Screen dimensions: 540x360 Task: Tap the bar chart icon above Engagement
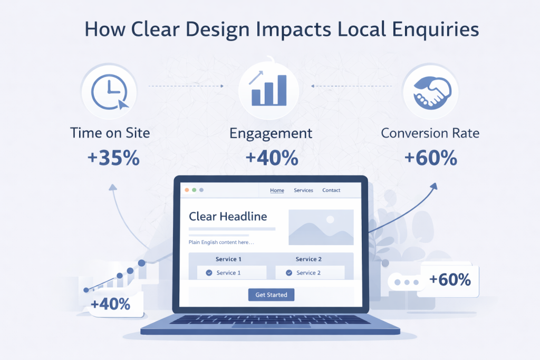(268, 88)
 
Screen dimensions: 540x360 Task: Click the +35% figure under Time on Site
(114, 158)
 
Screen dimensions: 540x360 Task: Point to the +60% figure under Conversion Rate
(431, 158)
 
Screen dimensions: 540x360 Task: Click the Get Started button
(272, 295)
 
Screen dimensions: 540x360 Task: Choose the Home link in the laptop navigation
(277, 190)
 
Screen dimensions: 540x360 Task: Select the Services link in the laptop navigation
(303, 190)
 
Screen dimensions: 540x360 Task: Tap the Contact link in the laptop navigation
(331, 190)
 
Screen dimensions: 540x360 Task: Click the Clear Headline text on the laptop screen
(228, 217)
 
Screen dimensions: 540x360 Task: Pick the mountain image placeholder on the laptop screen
(321, 227)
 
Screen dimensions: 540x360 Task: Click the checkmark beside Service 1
(209, 273)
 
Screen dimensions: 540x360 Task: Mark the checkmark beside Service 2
(289, 273)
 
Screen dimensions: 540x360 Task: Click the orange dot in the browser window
(187, 190)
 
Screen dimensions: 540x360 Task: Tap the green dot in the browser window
(194, 190)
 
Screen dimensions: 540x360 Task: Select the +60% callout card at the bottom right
(449, 280)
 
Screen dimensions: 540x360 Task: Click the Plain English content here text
(221, 242)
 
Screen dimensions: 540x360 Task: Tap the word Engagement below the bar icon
(271, 134)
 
